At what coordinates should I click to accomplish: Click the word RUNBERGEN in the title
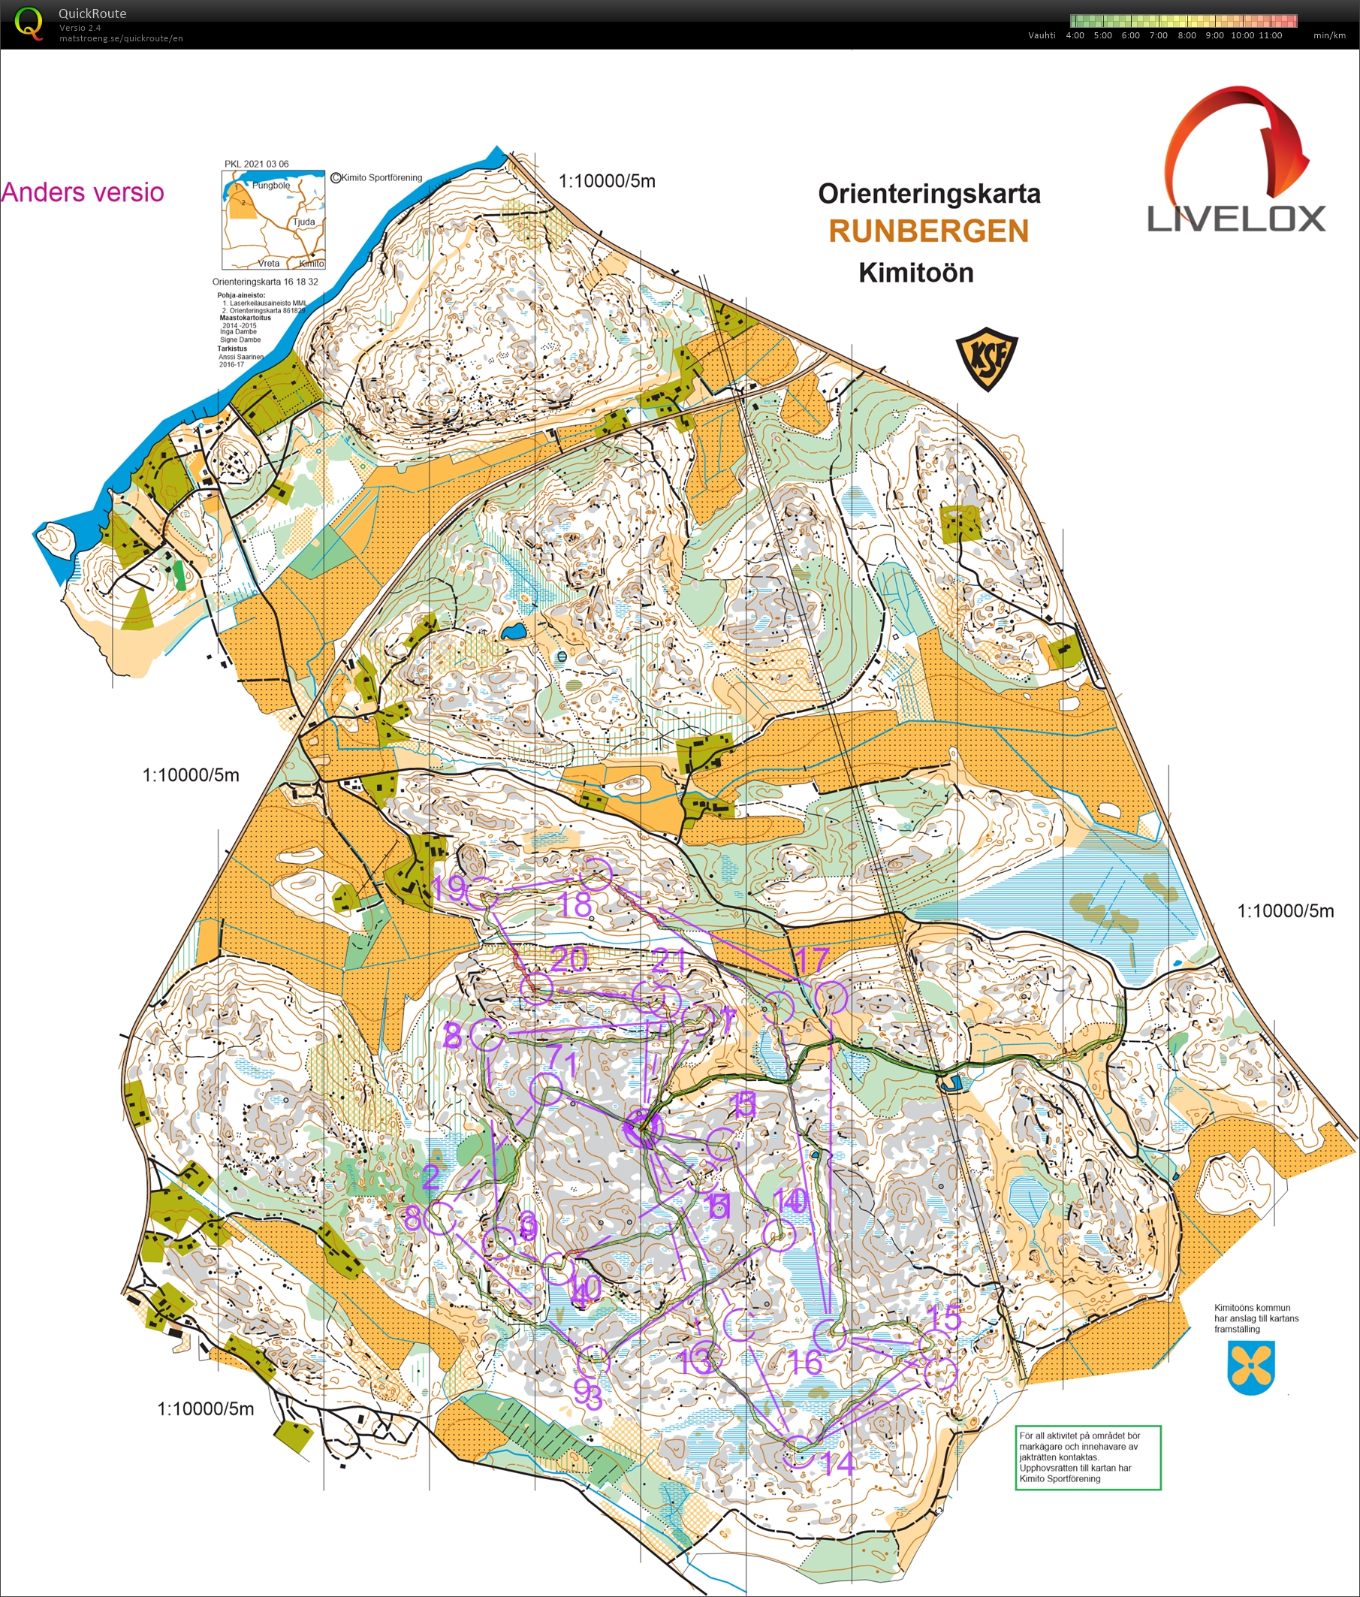click(928, 231)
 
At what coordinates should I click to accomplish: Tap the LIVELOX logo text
click(1236, 219)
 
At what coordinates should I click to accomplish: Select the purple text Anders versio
click(83, 192)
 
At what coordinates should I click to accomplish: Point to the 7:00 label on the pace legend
click(1158, 35)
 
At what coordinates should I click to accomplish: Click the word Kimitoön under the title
click(916, 273)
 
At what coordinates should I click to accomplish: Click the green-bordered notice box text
click(1087, 1457)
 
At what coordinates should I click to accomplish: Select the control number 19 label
click(448, 889)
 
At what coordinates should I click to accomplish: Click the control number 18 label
click(574, 905)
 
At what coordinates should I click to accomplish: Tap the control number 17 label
click(812, 960)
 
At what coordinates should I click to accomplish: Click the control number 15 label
click(945, 1318)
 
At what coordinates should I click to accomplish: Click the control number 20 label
click(570, 959)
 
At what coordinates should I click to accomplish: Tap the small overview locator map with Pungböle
click(273, 219)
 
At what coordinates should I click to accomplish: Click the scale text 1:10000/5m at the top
click(607, 181)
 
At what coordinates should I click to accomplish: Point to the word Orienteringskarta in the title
click(928, 194)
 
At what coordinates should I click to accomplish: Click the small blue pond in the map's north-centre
click(512, 632)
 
